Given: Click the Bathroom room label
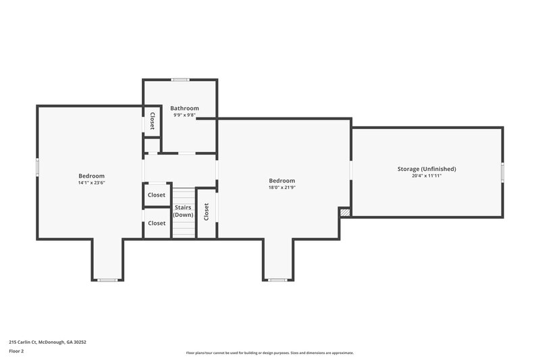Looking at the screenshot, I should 184,108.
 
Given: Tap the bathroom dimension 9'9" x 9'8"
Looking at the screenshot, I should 184,115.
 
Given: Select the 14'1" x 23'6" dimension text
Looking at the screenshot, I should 91,182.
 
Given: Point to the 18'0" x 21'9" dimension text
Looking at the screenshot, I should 281,188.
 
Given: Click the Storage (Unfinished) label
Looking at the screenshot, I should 427,168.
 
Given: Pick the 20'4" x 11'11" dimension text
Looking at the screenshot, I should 427,176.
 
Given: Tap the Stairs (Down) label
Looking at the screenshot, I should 183,211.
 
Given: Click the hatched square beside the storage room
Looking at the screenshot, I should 345,212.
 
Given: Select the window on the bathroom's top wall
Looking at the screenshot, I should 180,80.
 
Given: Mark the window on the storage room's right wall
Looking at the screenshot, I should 502,172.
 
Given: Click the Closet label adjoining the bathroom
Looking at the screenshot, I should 153,122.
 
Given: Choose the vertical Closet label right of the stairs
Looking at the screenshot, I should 207,212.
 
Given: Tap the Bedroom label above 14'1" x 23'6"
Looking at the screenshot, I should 91,175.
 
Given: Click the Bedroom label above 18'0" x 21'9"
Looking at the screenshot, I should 281,180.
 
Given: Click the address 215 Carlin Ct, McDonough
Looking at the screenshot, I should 47,342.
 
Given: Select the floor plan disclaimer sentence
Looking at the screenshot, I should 269,353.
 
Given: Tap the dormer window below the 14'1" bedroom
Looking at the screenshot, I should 107,280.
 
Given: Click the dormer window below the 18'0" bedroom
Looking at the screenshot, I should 277,280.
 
